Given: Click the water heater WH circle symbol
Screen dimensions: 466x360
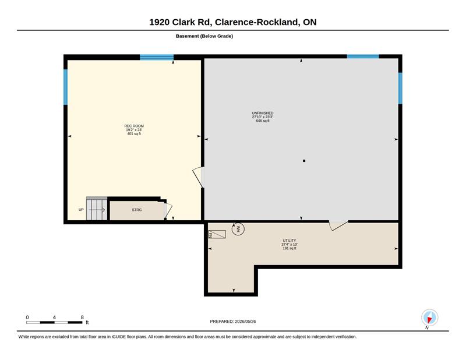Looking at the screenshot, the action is coord(238,229).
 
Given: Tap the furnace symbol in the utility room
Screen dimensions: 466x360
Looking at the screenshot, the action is coord(217,234).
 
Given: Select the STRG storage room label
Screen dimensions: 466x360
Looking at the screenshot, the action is coord(137,210).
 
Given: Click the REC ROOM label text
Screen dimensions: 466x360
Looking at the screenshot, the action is coord(134,126).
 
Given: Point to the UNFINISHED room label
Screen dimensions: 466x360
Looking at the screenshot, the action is coord(263,113).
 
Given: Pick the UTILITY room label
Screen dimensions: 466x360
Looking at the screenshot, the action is coord(290,241).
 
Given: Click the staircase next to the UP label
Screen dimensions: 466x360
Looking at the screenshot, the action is coord(97,209).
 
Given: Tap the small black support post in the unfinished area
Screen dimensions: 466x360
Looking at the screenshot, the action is coord(304,161).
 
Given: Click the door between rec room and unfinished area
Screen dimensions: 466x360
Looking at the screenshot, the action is coord(199,177).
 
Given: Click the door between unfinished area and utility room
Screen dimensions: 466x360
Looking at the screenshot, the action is coord(338,225).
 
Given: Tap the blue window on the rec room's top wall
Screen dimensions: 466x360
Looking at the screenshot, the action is coord(157,57).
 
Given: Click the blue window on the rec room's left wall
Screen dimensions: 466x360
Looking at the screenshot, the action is coord(65,87).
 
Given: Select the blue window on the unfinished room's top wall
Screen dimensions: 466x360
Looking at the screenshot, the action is coord(363,57).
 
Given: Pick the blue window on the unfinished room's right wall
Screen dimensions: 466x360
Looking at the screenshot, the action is coord(400,89).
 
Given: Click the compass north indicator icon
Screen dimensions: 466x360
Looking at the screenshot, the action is coord(429,318).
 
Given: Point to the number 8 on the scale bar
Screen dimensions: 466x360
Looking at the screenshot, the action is coord(82,317).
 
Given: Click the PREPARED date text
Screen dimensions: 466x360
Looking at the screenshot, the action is coord(232,322).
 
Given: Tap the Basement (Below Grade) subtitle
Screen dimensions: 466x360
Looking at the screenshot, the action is coord(204,36).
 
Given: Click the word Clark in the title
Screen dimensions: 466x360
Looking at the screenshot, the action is coord(183,22).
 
